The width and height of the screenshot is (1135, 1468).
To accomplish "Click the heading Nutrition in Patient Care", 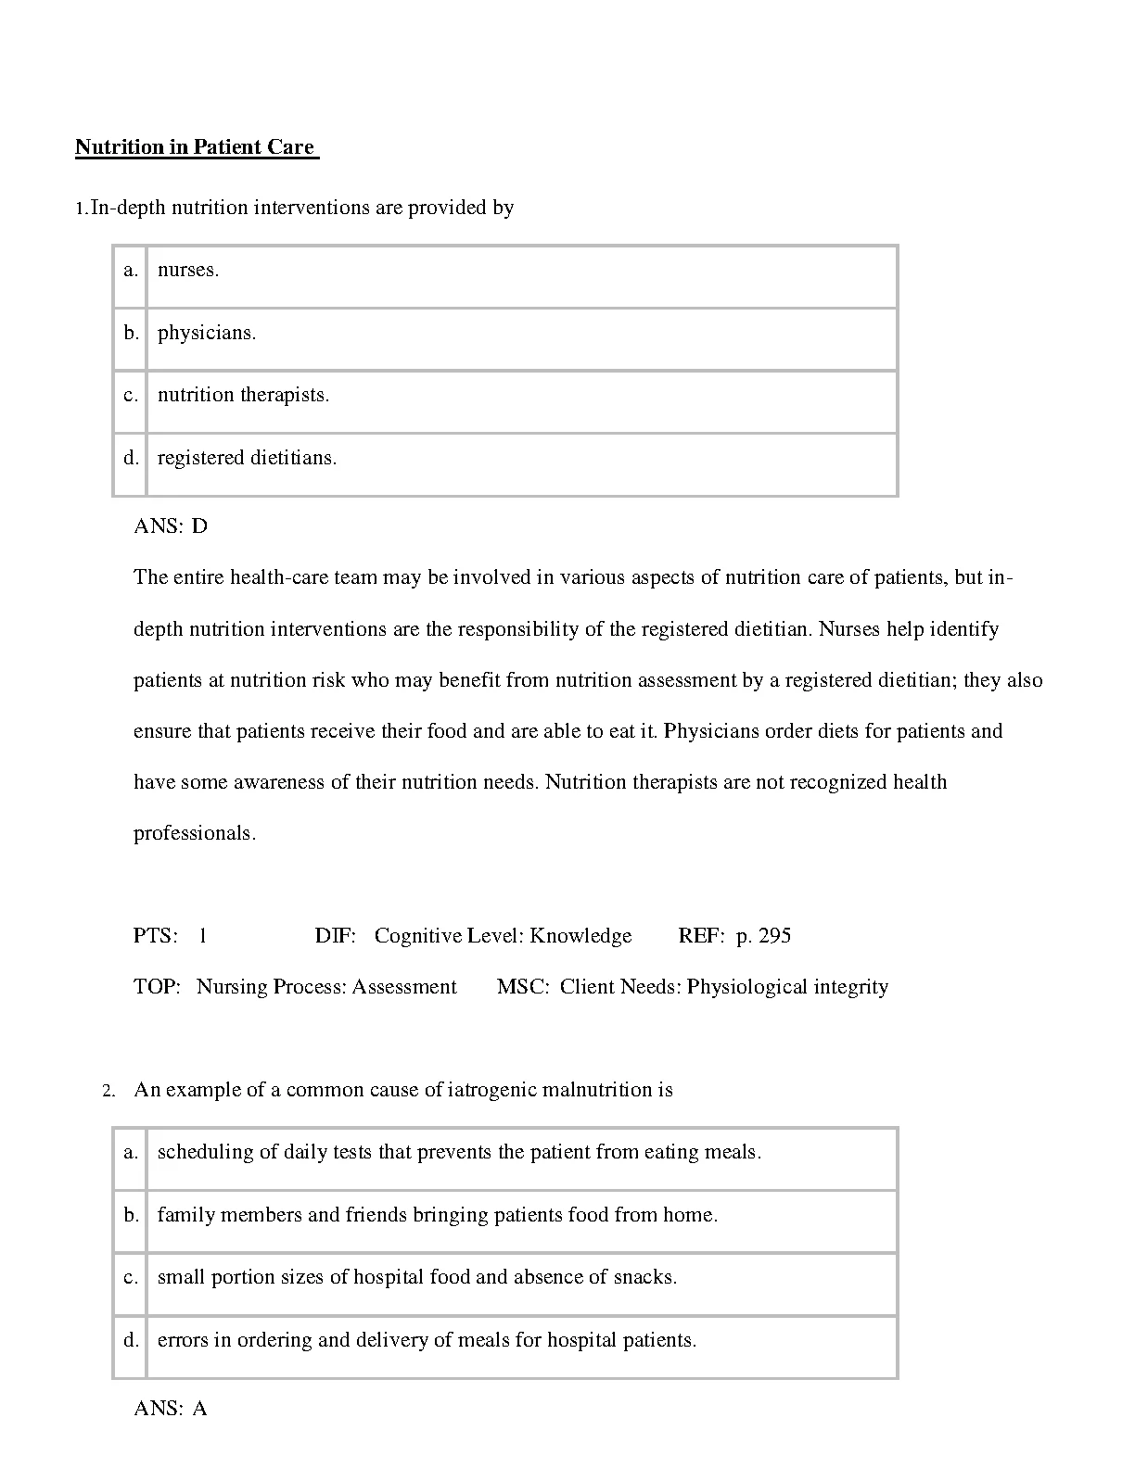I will click(196, 147).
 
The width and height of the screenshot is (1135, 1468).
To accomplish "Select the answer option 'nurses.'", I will click(188, 271).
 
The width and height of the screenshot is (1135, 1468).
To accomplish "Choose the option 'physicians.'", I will click(207, 333).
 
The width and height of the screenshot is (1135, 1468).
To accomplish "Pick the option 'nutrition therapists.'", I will click(243, 395).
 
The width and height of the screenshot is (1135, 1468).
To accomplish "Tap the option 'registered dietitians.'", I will click(247, 458).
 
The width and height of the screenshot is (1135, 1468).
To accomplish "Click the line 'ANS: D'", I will click(171, 526).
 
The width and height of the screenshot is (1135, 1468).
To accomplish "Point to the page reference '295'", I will click(774, 936).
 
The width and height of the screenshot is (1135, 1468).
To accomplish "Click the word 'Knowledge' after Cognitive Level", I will click(580, 936).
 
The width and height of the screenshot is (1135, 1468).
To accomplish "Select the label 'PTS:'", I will click(156, 936).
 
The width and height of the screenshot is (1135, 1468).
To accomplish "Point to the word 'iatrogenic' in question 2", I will click(492, 1090).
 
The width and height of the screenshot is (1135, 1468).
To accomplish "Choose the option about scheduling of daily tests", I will click(459, 1152).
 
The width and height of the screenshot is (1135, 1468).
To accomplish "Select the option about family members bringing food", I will click(438, 1215).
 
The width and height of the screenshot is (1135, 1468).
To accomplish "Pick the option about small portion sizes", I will click(417, 1277).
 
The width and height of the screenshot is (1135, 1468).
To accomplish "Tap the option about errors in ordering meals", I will click(427, 1340).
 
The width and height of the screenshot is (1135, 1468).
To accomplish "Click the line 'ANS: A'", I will click(171, 1409).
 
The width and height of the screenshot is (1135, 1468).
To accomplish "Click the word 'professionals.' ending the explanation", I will click(195, 833).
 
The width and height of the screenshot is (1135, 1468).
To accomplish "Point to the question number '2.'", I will click(108, 1091).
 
